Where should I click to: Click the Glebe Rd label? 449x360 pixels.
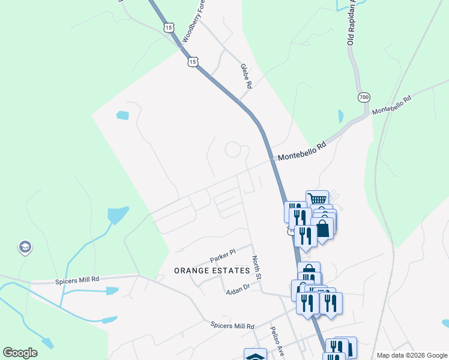click(246, 77)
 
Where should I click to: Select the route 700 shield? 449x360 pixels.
click(364, 97)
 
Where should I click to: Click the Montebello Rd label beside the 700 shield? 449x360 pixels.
click(391, 105)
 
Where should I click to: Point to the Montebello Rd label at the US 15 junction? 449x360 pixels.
click(301, 152)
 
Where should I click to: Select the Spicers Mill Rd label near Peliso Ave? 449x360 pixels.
click(232, 326)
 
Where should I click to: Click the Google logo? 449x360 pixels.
click(20, 352)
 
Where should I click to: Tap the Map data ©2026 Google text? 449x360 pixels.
click(411, 355)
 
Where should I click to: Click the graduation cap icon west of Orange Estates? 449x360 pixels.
click(25, 247)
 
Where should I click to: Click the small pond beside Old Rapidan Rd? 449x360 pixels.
click(341, 116)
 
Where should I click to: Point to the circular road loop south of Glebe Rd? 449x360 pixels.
click(234, 149)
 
